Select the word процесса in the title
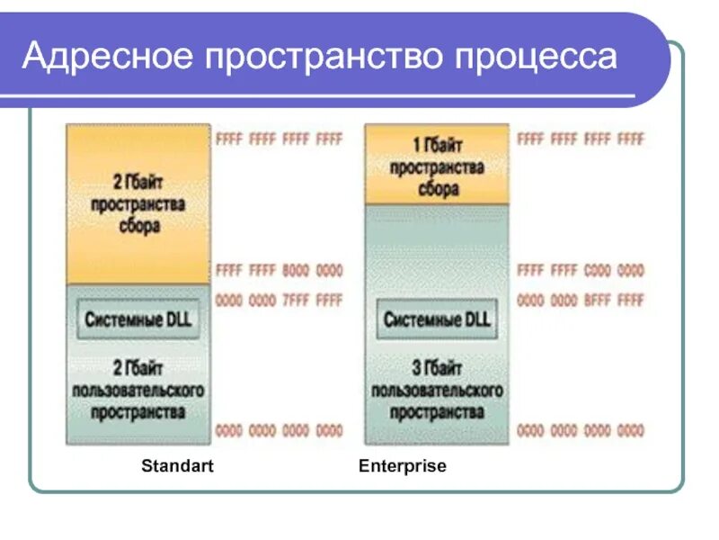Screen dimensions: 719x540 pyautogui.click(x=537, y=57)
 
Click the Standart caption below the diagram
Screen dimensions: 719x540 pyautogui.click(x=177, y=466)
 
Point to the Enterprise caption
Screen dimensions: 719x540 pyautogui.click(x=402, y=466)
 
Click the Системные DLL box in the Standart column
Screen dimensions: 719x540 pyautogui.click(x=138, y=319)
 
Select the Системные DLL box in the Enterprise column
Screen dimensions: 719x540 pyautogui.click(x=436, y=319)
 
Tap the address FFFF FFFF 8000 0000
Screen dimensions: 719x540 pyautogui.click(x=280, y=270)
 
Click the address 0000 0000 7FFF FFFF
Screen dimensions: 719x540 pyautogui.click(x=280, y=300)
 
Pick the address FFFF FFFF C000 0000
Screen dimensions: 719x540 pyautogui.click(x=581, y=270)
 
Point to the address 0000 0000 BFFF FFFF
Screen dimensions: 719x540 pyautogui.click(x=581, y=300)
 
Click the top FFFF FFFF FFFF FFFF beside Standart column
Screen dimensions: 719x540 pyautogui.click(x=280, y=139)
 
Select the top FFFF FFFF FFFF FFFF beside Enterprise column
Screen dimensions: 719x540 pyautogui.click(x=581, y=139)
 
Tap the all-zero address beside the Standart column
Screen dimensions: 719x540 pyautogui.click(x=280, y=430)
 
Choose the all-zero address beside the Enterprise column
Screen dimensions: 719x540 pyautogui.click(x=581, y=430)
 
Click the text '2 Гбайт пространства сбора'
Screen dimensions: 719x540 pyautogui.click(x=138, y=204)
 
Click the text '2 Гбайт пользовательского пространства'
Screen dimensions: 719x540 pyautogui.click(x=138, y=390)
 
